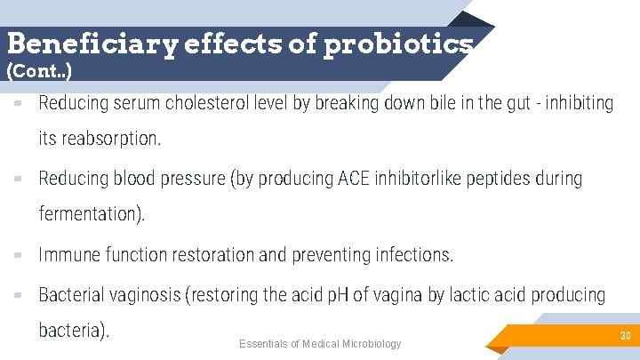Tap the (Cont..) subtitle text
(x=39, y=70)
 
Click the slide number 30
(x=625, y=336)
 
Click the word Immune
(x=69, y=256)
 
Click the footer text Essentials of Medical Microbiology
(x=320, y=344)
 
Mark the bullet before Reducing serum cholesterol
(x=19, y=104)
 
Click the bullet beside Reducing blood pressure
(x=19, y=180)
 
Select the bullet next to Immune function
(x=19, y=256)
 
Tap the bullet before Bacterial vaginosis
(x=19, y=295)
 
